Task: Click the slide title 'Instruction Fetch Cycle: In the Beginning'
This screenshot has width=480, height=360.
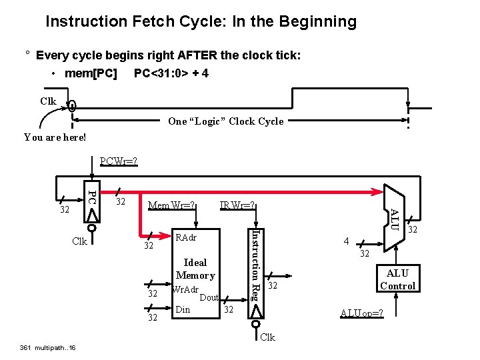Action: [x=201, y=21]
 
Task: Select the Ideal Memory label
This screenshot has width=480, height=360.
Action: [x=195, y=269]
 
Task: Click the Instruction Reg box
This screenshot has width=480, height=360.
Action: [x=255, y=273]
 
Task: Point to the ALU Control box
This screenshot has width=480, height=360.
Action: [x=397, y=279]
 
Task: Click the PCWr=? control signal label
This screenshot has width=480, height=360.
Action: [x=118, y=161]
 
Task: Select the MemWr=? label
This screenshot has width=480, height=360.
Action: [x=171, y=205]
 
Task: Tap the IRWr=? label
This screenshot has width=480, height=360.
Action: [x=238, y=205]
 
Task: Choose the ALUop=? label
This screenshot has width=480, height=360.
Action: [x=361, y=313]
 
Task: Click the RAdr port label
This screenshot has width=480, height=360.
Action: [x=185, y=237]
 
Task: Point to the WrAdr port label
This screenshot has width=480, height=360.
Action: [x=185, y=289]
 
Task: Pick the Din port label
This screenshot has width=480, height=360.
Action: [x=182, y=309]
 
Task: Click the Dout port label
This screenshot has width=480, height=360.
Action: [x=209, y=297]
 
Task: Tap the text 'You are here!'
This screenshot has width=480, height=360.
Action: [x=55, y=137]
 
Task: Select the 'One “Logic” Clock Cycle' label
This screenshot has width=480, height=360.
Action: [x=226, y=121]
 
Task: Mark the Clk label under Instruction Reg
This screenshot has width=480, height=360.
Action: [x=267, y=337]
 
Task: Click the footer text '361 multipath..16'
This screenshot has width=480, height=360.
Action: [x=48, y=347]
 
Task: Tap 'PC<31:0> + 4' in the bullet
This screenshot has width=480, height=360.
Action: [x=171, y=73]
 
